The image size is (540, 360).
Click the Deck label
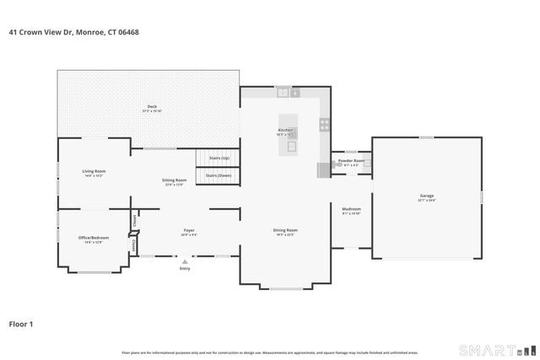[152, 106]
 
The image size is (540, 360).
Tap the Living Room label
[94, 171]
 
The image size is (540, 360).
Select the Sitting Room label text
[174, 180]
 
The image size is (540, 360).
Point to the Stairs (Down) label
[218, 175]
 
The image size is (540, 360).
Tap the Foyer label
[189, 230]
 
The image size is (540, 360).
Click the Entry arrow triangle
[185, 261]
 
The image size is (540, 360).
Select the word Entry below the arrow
[185, 268]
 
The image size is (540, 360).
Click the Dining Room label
[284, 230]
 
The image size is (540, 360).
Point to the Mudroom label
[351, 208]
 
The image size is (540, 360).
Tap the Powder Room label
[352, 160]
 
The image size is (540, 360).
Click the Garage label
[427, 196]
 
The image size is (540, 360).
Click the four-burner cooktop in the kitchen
[324, 125]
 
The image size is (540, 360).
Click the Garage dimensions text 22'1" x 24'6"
[427, 201]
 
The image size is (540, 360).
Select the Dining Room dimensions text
[284, 235]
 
